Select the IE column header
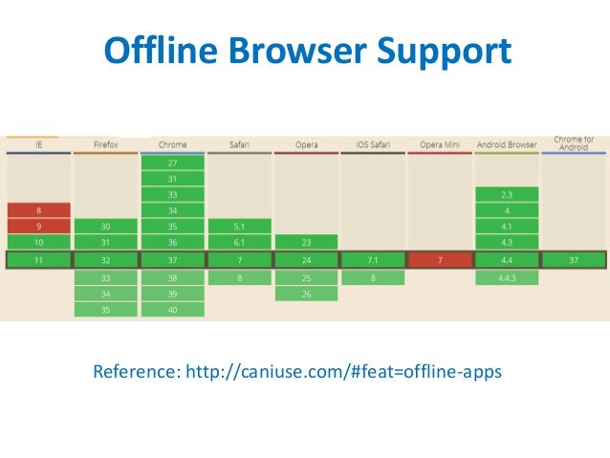point(38,144)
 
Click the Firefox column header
point(105,144)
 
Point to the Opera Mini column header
point(440,144)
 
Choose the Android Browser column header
point(507,144)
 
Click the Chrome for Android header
point(573,142)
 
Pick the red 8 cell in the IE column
point(38,210)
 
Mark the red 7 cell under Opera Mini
point(440,260)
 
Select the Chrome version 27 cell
point(172,164)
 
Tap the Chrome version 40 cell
point(172,309)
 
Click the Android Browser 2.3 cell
point(507,194)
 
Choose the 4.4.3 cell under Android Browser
point(507,277)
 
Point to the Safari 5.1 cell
point(239,227)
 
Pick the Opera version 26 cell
point(306,294)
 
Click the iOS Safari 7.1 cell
point(373,260)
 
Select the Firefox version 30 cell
point(105,227)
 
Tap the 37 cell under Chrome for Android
point(573,260)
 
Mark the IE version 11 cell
point(38,260)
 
